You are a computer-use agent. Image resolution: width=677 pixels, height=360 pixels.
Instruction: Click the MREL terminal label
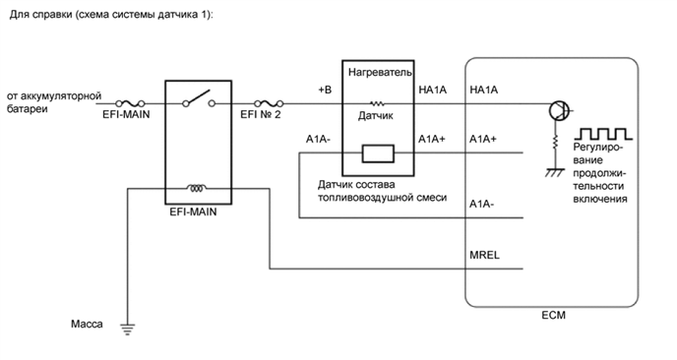[x=486, y=254]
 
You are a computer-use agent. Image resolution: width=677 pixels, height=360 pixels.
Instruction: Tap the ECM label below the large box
[x=554, y=316]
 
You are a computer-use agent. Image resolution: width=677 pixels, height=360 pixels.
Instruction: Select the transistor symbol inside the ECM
[x=557, y=108]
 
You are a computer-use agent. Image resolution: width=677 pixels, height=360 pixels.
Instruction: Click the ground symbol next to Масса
[x=125, y=329]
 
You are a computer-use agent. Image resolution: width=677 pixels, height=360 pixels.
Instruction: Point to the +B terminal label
[x=326, y=90]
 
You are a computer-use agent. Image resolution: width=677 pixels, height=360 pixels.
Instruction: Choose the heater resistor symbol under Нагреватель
[x=378, y=102]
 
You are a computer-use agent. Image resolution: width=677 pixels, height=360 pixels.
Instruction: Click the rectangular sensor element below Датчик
[x=378, y=152]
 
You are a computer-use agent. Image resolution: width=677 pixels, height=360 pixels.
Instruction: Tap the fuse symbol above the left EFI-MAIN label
[x=126, y=102]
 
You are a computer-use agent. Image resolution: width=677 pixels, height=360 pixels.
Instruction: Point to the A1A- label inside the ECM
[x=483, y=204]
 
